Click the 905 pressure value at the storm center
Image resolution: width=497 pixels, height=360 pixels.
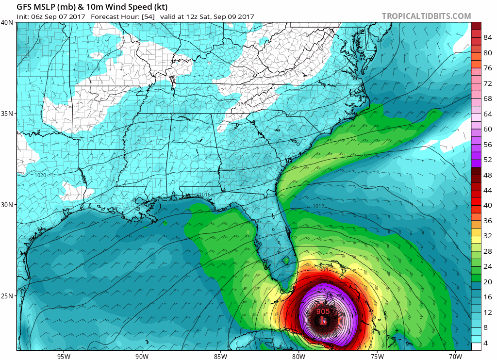click(x=324, y=311)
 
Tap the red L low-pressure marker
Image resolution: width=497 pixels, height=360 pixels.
click(x=324, y=320)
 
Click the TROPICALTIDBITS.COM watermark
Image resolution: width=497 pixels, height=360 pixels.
click(x=426, y=16)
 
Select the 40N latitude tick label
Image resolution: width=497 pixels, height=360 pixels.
click(x=7, y=22)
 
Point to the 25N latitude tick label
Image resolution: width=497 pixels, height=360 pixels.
click(x=7, y=296)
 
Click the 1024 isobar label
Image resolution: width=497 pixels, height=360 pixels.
click(x=240, y=104)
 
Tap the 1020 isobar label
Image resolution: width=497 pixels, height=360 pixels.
click(x=41, y=175)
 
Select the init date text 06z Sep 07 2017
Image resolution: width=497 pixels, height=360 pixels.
click(x=58, y=16)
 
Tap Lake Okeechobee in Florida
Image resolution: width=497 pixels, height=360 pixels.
click(x=286, y=260)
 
